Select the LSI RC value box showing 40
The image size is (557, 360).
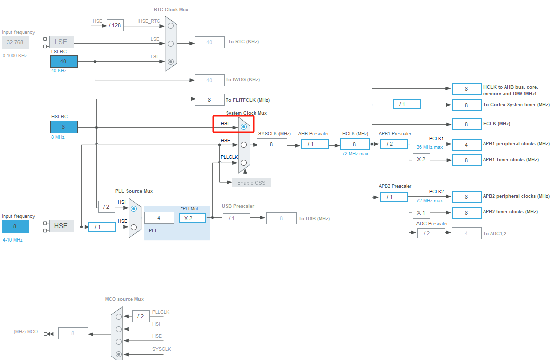[64, 61]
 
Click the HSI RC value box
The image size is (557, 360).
[64, 127]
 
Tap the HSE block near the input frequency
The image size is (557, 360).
[61, 226]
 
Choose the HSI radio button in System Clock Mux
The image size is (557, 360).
[244, 127]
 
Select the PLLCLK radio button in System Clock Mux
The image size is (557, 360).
[244, 162]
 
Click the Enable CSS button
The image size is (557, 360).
[251, 182]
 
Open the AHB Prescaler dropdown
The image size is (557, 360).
[315, 144]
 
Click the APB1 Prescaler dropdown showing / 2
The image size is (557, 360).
[394, 144]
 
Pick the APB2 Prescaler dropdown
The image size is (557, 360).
[394, 196]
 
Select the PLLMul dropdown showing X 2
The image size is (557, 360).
[192, 218]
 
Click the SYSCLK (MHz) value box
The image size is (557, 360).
[271, 144]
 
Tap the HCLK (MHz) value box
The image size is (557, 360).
[354, 144]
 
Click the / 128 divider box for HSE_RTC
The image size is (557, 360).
[115, 25]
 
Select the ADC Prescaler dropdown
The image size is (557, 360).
[431, 233]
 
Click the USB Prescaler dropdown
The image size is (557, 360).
[236, 218]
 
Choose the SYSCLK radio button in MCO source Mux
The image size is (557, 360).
[118, 354]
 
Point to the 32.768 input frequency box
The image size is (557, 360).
[15, 42]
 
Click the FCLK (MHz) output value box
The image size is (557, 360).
[466, 124]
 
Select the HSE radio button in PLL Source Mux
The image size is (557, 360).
[133, 227]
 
